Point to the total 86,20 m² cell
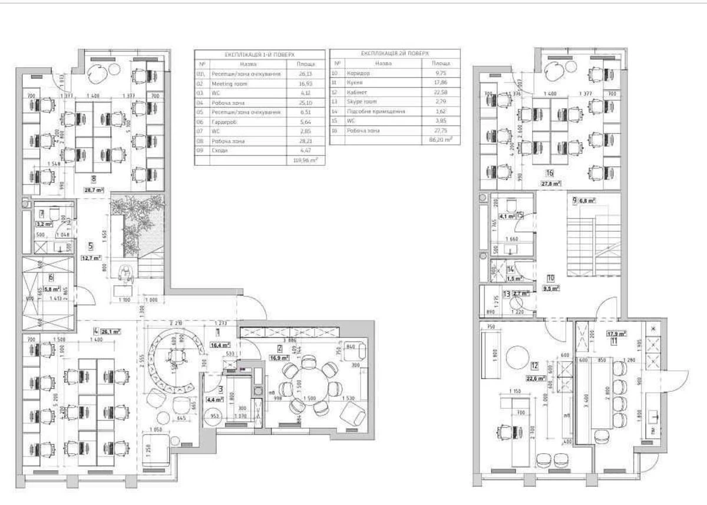coord(440,139)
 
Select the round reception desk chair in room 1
coord(175,356)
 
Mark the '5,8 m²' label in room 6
coord(54,289)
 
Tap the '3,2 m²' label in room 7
coord(45,224)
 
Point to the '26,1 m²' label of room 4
coord(110,332)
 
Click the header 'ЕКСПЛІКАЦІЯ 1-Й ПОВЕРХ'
coord(259,55)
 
